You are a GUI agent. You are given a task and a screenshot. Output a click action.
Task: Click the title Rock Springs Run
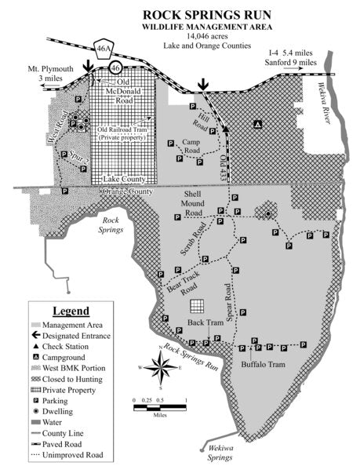[180, 15]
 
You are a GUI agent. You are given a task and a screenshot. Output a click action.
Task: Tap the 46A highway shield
[104, 48]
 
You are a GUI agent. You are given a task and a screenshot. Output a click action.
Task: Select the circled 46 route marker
[116, 67]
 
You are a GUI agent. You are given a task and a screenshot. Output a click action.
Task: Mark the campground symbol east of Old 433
[258, 122]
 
